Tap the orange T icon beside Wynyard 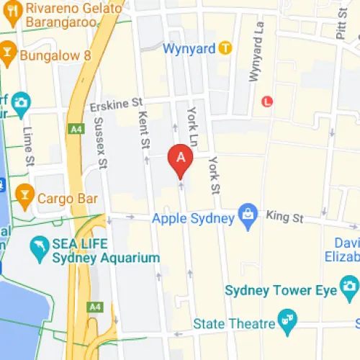(x=225, y=48)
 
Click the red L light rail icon (x=268, y=102)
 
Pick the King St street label (x=282, y=215)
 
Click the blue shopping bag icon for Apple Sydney (x=248, y=215)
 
